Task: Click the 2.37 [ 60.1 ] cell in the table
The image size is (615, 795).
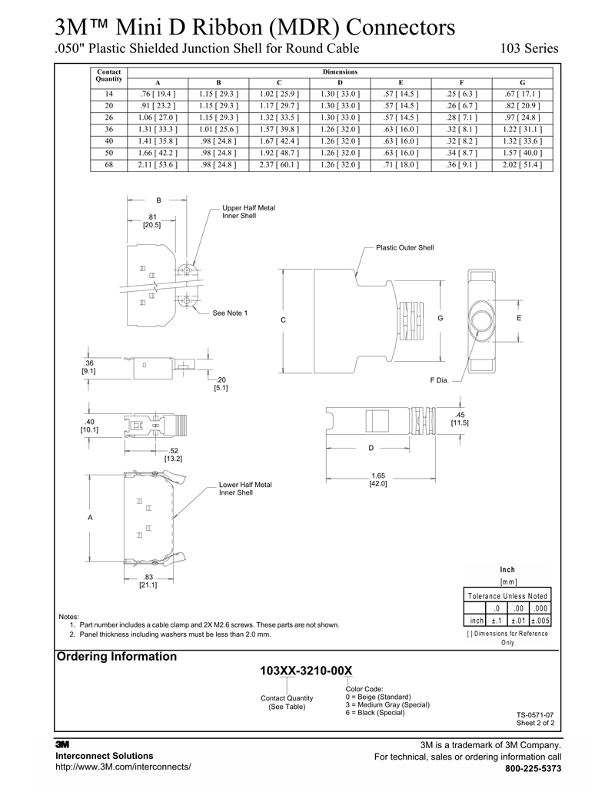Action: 279,164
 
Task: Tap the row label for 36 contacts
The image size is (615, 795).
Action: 109,129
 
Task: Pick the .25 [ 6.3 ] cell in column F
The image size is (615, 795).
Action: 461,94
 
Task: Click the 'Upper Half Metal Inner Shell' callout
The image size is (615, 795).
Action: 248,212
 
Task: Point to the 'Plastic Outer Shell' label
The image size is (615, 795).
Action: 404,248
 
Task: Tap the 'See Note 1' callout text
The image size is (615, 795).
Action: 230,313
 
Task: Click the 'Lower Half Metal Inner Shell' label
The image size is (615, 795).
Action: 245,489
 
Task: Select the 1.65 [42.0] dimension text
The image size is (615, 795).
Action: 378,480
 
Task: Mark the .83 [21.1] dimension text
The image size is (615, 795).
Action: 148,581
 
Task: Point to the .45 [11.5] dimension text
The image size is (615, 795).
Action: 460,419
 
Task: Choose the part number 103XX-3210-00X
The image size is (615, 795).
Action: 306,671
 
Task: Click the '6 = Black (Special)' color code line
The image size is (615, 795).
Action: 374,713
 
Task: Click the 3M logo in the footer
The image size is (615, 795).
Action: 63,744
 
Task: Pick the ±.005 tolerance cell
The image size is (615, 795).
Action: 539,620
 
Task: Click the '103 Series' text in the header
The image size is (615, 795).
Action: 529,48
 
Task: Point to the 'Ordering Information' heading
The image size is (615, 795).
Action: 117,657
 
